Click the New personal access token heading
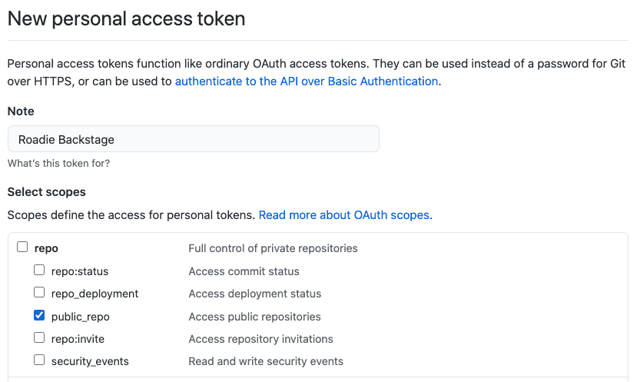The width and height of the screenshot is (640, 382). pos(126,18)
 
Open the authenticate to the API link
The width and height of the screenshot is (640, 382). pos(307,81)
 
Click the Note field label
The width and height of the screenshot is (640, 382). pos(21,111)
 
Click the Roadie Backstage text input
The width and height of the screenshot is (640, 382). pos(194,139)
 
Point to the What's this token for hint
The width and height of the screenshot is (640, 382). pos(58,163)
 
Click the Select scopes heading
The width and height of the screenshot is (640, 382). pos(47,192)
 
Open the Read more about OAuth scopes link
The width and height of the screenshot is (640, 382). pos(345,215)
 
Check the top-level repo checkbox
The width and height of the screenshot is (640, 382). pos(22,247)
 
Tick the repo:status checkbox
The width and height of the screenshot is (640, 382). pos(39,270)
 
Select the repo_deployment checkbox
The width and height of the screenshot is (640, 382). pos(39,292)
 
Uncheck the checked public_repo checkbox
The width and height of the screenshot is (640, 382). pos(39,315)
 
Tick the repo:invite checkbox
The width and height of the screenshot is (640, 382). pos(39,337)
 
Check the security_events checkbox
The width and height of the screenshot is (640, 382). pos(39,360)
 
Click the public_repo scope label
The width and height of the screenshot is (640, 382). pos(81,317)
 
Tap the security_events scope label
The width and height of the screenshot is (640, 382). pos(90,361)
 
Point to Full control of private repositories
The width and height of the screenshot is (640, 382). pos(273,248)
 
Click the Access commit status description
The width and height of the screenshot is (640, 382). pos(244,271)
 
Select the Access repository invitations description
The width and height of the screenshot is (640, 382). pos(260,339)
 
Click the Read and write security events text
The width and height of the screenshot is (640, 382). pos(266,361)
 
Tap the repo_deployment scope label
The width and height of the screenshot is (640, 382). pos(95,294)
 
